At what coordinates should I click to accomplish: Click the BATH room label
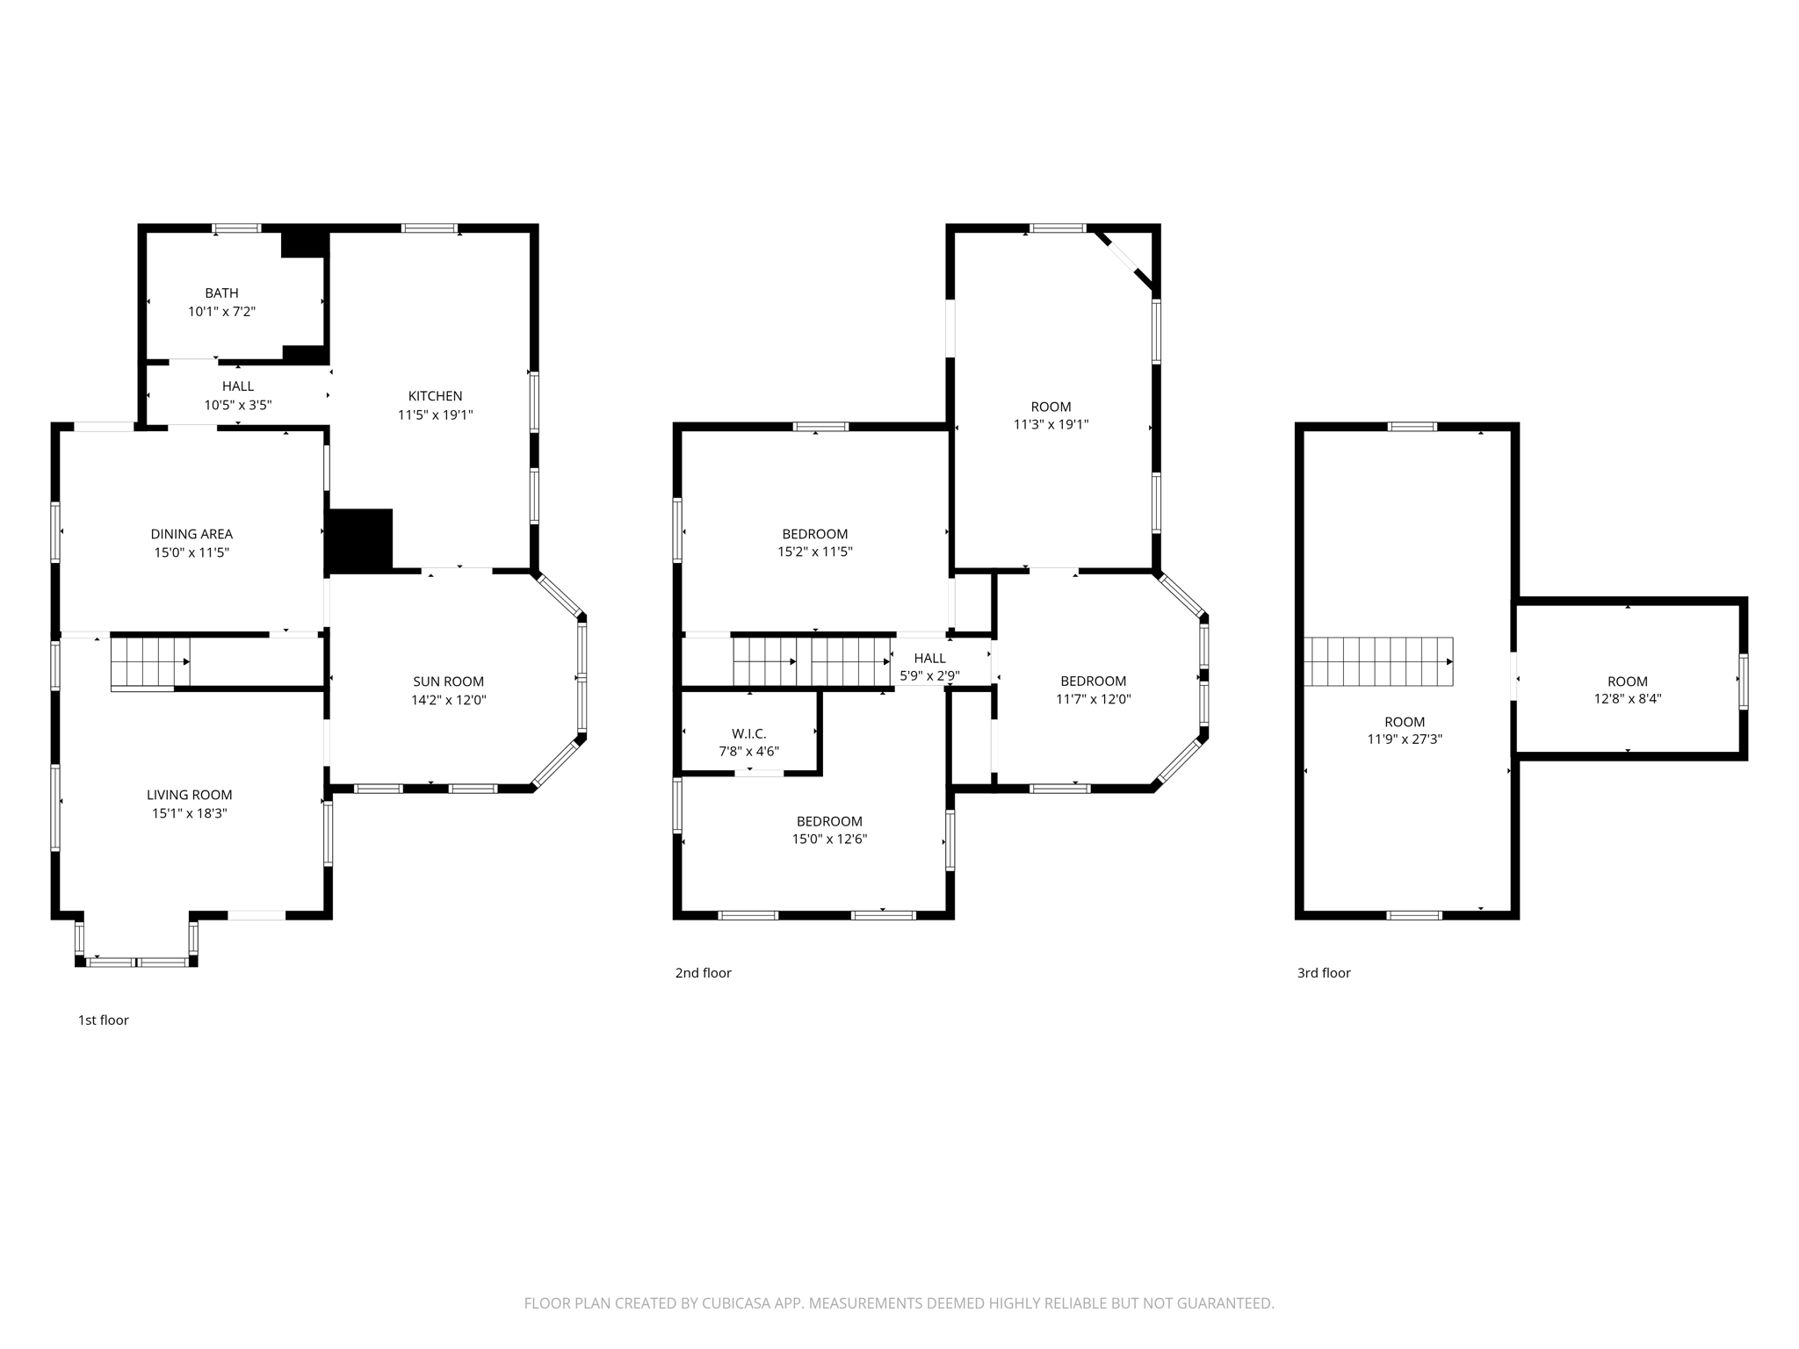(x=221, y=293)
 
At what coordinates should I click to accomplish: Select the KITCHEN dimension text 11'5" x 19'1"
(x=435, y=415)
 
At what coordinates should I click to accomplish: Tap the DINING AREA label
(x=191, y=534)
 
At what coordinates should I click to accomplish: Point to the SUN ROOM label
(x=448, y=682)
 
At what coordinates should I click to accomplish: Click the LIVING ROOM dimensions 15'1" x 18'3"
(x=189, y=814)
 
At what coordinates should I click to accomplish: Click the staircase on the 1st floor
(x=149, y=662)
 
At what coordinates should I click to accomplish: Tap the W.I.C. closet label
(x=748, y=734)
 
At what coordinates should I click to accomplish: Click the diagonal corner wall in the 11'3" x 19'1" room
(x=1124, y=260)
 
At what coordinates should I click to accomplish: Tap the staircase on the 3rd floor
(x=1376, y=662)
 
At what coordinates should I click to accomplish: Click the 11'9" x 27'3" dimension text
(x=1404, y=740)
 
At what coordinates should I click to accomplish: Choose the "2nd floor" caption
(x=703, y=973)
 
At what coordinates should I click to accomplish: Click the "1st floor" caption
(x=103, y=1021)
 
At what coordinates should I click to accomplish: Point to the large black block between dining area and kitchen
(x=359, y=541)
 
